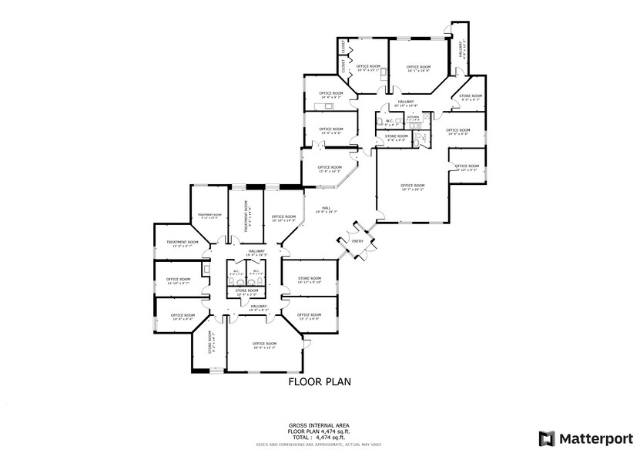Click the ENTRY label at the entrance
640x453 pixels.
pyautogui.click(x=358, y=241)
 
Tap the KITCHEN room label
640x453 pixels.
pyautogui.click(x=424, y=117)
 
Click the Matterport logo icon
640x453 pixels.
pyautogui.click(x=546, y=438)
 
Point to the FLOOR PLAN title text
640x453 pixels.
pyautogui.click(x=320, y=381)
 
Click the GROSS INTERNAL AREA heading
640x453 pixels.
pyautogui.click(x=320, y=425)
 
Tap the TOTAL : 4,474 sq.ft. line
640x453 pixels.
pyautogui.click(x=320, y=437)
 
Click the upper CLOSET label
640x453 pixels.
pyautogui.click(x=343, y=49)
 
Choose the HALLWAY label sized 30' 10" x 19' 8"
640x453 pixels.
pyautogui.click(x=406, y=102)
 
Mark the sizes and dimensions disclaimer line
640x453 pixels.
pyautogui.click(x=320, y=445)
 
